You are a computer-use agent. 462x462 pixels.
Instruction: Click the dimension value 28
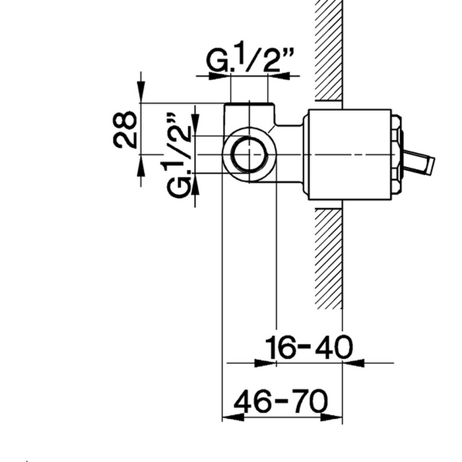[125, 129]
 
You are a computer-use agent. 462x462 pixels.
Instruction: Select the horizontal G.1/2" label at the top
[251, 57]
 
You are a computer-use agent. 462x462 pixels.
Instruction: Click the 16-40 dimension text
[309, 347]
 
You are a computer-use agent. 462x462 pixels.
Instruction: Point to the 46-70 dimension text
[280, 401]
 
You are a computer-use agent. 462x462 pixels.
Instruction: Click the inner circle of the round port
[249, 154]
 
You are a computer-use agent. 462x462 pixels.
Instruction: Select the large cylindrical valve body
[350, 154]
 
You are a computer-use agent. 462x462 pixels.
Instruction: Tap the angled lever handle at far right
[418, 161]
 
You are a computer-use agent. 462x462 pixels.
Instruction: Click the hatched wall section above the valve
[329, 50]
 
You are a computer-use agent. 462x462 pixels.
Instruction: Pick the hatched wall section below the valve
[329, 259]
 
